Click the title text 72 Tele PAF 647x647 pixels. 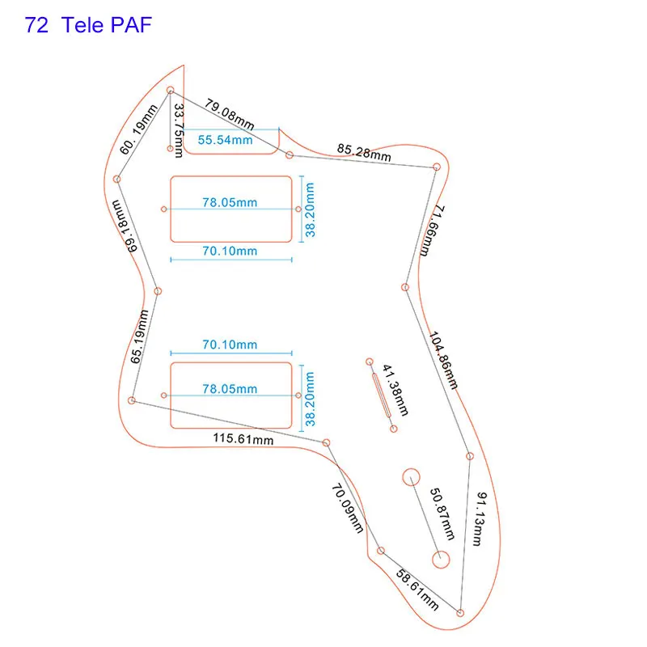point(88,25)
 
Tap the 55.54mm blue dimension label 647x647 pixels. point(226,140)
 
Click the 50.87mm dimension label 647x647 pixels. point(442,514)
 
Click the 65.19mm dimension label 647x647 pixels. point(139,336)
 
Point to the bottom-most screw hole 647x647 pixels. point(459,612)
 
